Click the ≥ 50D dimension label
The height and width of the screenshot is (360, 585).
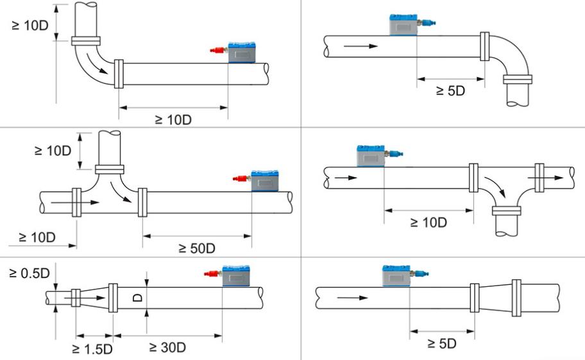[197, 248]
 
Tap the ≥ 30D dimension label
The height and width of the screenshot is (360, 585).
[167, 347]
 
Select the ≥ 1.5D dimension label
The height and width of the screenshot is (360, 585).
[92, 349]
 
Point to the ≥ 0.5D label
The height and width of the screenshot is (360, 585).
[30, 273]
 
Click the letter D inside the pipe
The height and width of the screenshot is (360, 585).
[138, 297]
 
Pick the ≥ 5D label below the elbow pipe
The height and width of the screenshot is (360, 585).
[451, 90]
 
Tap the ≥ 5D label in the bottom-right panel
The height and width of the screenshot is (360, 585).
[442, 343]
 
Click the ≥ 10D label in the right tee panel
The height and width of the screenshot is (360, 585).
[428, 223]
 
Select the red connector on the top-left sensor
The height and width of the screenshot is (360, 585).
[219, 50]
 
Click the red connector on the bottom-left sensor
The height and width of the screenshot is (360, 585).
[213, 273]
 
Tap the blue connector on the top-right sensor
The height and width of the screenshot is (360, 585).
[427, 22]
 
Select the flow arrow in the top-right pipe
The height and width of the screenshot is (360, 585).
[360, 46]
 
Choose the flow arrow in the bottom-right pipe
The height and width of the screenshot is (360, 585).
[353, 298]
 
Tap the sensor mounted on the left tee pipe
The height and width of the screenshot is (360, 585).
[264, 181]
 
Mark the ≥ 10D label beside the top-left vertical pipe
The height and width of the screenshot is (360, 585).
[30, 26]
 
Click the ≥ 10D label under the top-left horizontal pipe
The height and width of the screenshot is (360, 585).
[173, 120]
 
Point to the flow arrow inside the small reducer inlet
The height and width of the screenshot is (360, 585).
[85, 298]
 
